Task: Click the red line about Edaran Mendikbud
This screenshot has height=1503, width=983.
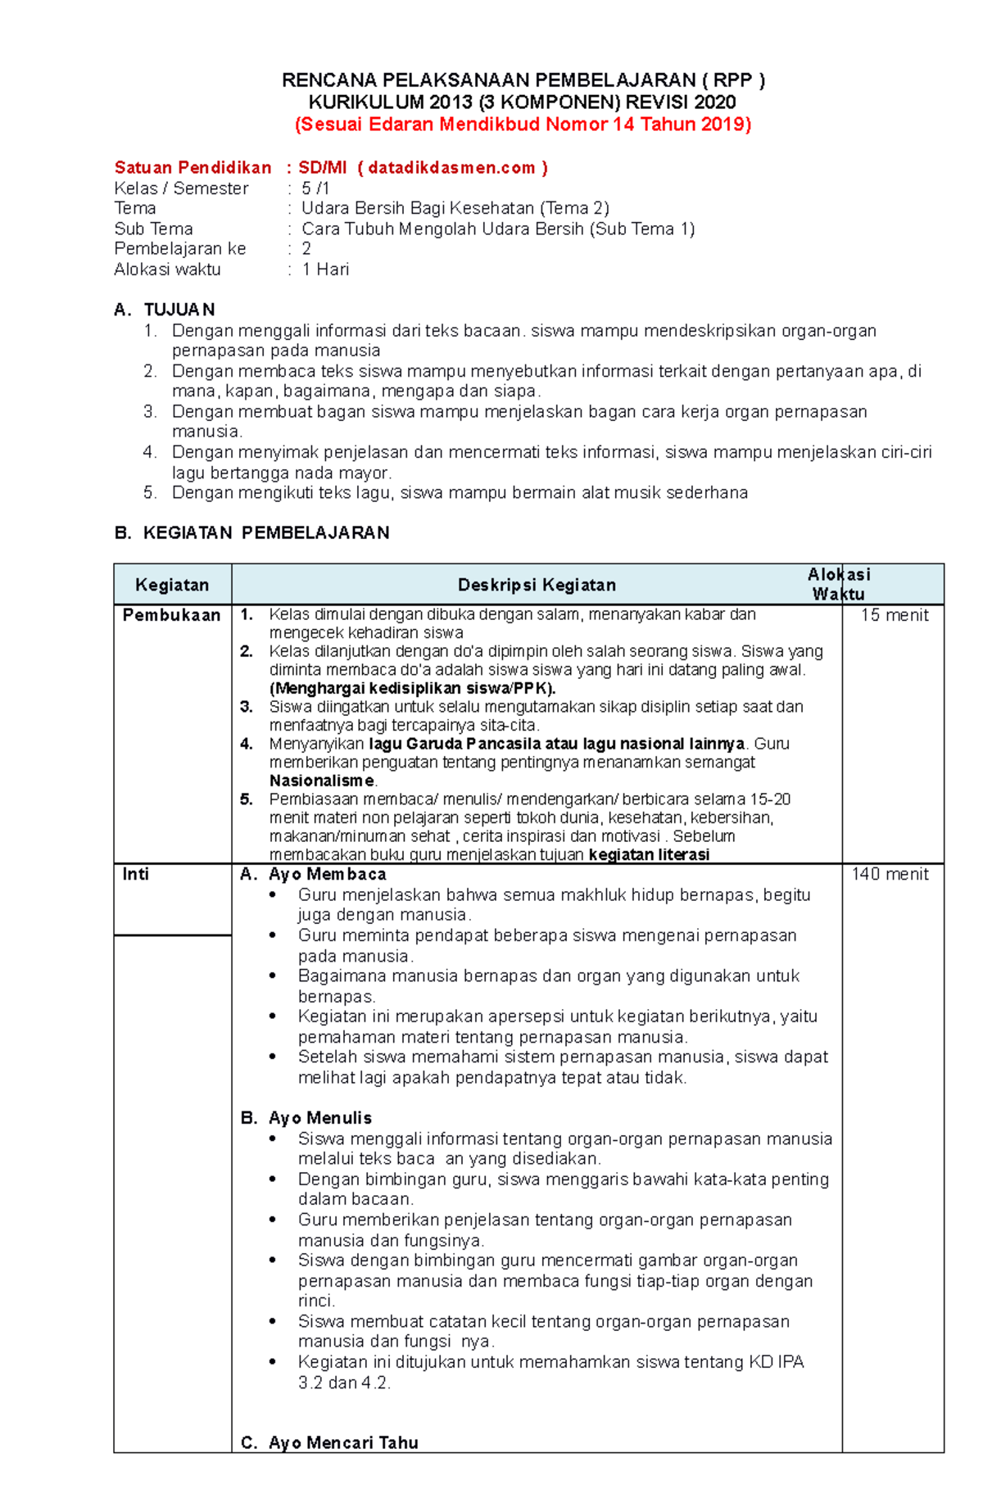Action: coord(523,124)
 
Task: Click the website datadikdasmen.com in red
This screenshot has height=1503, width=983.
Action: coord(451,168)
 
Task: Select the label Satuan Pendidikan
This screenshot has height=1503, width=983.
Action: coord(193,168)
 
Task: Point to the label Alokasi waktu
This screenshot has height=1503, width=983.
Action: coord(167,269)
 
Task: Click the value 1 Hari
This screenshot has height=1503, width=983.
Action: coord(325,269)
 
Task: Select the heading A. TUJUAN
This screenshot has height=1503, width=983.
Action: coord(165,310)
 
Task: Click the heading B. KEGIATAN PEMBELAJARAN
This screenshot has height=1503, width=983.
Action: coord(251,533)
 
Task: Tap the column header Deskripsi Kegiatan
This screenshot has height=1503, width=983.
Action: coord(537,585)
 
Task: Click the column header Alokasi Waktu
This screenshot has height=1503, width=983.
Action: coord(839,584)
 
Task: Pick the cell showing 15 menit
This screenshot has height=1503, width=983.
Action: coord(895,615)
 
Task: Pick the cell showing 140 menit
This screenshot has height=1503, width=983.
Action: coord(890,874)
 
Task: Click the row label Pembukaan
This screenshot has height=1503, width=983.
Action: coord(171,615)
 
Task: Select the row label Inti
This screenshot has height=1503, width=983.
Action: coord(135,874)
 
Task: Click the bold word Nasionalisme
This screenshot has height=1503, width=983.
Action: coord(322,781)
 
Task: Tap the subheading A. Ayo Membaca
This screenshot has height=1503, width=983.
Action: coord(313,874)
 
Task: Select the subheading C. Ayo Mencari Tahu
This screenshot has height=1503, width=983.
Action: coord(329,1442)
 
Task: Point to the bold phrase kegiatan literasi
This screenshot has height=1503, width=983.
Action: coord(649,854)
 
